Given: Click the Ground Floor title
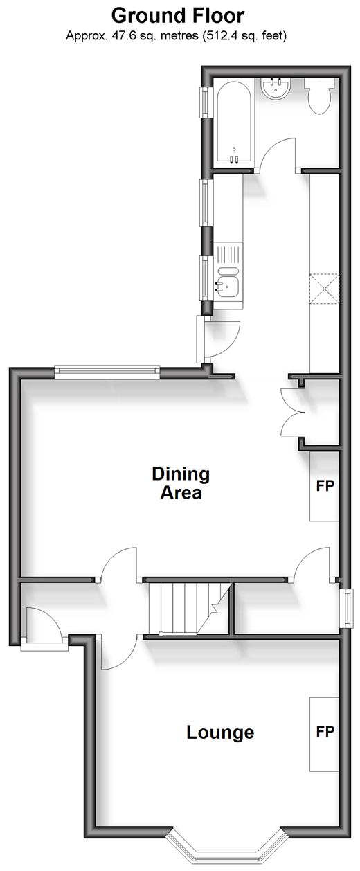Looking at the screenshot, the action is (178, 16).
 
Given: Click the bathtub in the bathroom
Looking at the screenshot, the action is (233, 124).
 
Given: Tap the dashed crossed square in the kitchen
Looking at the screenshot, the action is (324, 288).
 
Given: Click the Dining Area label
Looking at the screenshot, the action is (181, 483).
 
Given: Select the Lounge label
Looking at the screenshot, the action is (220, 733).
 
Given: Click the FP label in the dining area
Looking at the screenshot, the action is (325, 485).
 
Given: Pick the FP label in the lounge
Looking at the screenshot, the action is (325, 731).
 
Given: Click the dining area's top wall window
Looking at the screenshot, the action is (107, 372).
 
